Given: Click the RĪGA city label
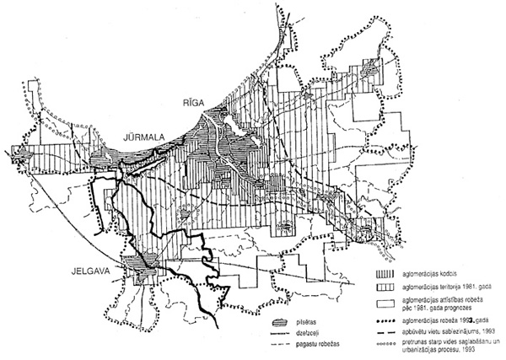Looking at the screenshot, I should [x=186, y=102].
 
